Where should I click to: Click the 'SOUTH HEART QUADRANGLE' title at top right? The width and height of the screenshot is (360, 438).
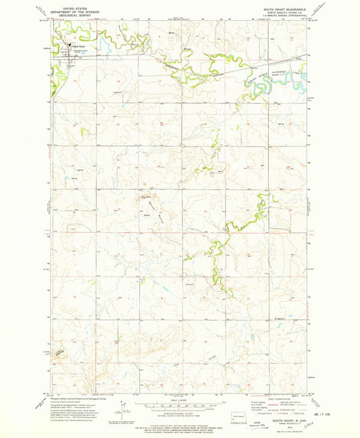[x=280, y=9]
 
